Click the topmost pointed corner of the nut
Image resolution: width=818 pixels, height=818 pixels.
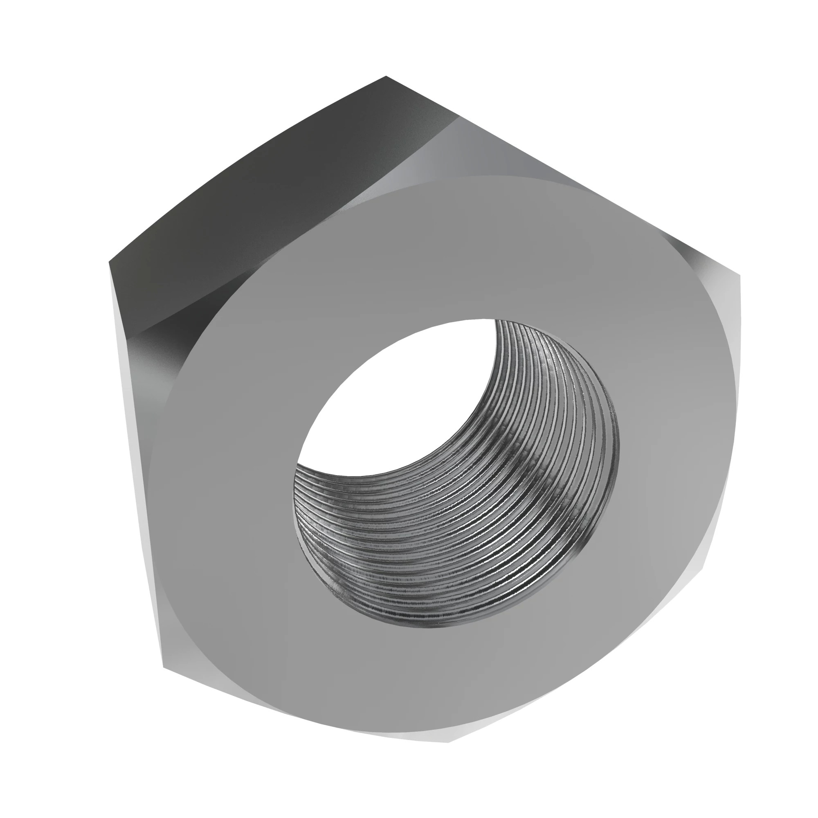click(386, 77)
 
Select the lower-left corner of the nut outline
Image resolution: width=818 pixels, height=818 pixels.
click(164, 668)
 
